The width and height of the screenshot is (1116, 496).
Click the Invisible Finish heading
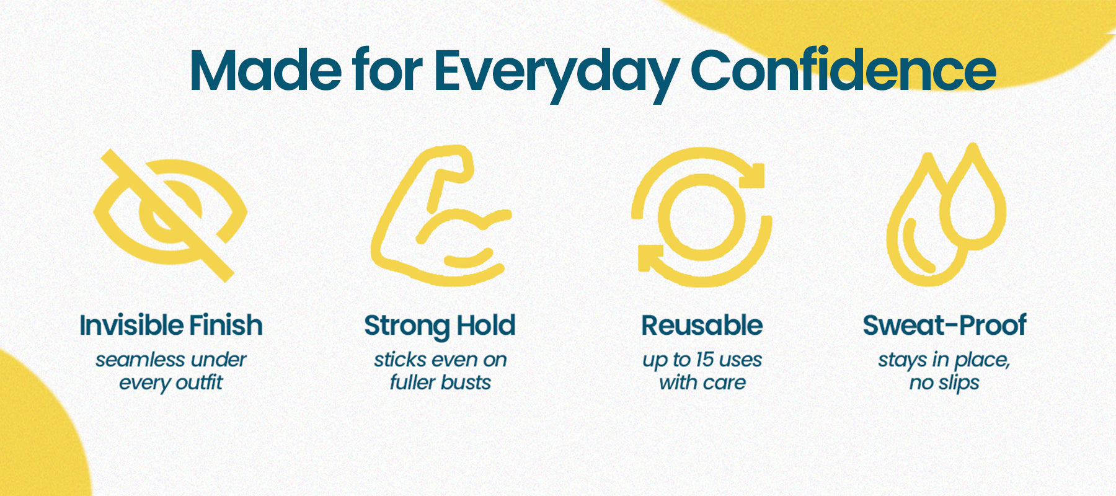[171, 325]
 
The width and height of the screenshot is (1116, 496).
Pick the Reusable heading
[702, 325]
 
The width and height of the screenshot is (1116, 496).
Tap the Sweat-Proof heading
[944, 325]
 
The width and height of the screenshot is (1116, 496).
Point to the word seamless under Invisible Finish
[140, 360]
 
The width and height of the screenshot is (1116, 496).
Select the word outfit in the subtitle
[197, 382]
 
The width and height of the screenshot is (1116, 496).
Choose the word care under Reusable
[724, 383]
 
